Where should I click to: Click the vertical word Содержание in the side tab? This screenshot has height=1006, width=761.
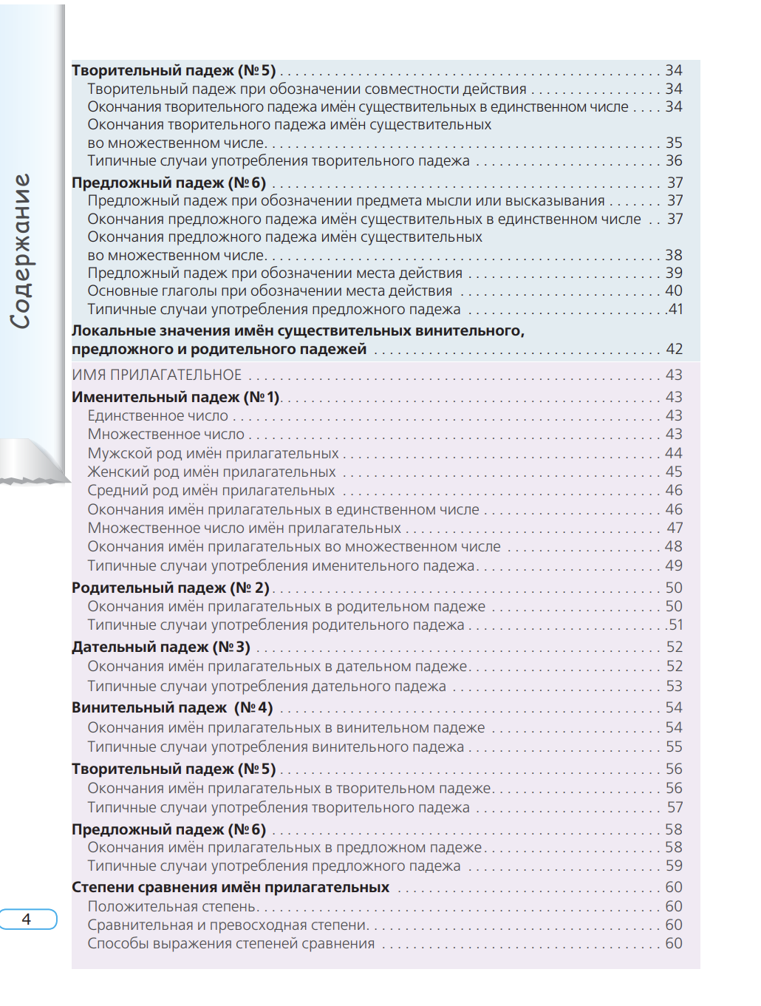point(21,251)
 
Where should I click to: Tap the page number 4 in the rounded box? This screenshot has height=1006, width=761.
point(27,919)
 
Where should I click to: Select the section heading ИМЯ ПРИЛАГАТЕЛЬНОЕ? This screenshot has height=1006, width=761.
point(157,375)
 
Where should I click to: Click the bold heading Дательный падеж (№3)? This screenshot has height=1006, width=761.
point(161,647)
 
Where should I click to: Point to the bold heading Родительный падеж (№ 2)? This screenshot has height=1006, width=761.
point(171,588)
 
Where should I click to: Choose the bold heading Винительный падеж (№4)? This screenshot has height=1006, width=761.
point(172,707)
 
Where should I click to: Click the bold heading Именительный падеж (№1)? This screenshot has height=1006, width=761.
point(176,397)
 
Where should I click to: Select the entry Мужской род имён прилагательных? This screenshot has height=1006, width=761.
point(213,453)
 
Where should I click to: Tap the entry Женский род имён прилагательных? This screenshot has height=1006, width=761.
point(211,472)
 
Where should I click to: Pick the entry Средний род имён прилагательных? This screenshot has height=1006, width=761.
point(211,490)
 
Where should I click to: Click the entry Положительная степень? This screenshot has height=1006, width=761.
point(172,906)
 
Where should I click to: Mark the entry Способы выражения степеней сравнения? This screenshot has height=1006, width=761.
point(231,943)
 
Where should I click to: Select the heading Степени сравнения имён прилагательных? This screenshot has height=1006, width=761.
point(231,887)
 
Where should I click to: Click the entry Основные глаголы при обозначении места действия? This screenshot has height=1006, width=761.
point(270,290)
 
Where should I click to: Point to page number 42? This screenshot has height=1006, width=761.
point(674,349)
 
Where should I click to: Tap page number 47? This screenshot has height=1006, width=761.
point(675,528)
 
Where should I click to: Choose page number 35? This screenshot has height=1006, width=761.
point(674,143)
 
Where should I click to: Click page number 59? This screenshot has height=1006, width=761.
point(674,866)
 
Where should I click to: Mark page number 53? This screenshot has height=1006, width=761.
point(674,686)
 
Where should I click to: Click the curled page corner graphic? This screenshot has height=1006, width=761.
point(33,462)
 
